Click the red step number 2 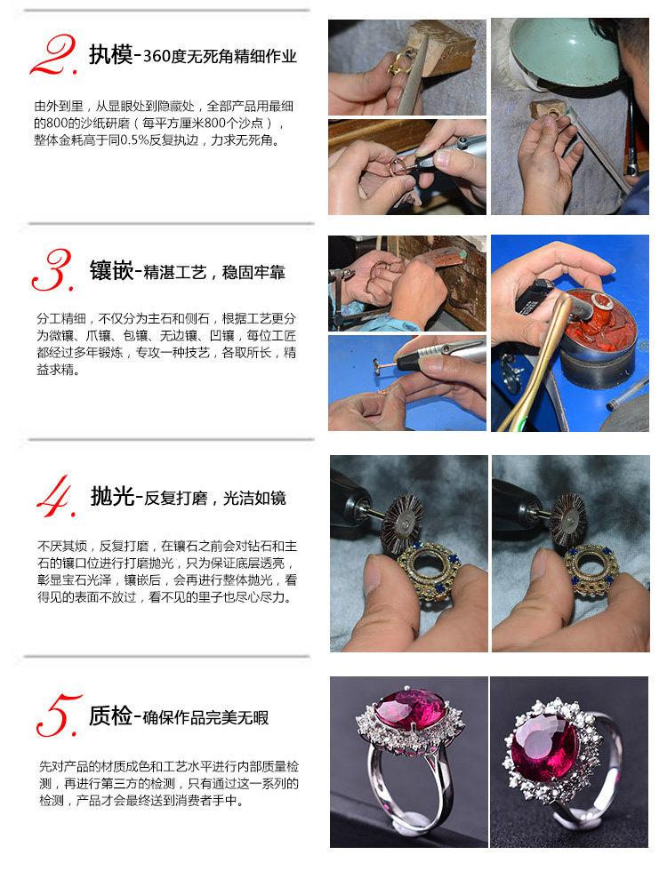click(x=53, y=55)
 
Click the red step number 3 click(x=53, y=269)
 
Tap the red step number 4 click(x=56, y=496)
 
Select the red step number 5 click(x=59, y=715)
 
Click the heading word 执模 click(x=110, y=55)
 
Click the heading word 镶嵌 click(x=112, y=271)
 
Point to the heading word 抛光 click(x=113, y=496)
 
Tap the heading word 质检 click(x=110, y=715)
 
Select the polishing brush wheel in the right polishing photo click(x=567, y=519)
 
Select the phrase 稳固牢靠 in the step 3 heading click(x=253, y=273)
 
